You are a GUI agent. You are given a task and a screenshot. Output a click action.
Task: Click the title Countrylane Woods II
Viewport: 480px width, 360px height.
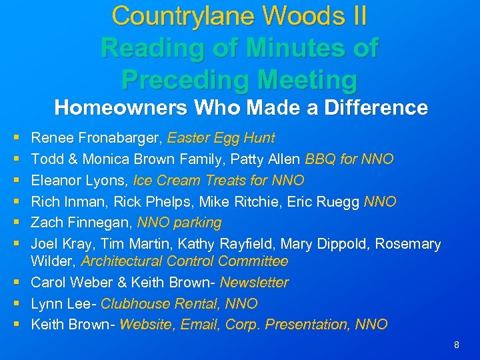(x=239, y=15)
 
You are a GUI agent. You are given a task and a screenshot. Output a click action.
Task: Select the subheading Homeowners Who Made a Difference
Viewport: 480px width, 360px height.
(x=241, y=107)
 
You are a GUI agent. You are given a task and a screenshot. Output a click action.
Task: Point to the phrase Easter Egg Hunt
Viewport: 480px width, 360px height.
(x=221, y=138)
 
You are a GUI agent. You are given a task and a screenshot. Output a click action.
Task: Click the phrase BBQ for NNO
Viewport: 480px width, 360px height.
(x=349, y=159)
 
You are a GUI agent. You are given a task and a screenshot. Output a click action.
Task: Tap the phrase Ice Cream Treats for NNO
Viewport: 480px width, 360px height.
(x=219, y=180)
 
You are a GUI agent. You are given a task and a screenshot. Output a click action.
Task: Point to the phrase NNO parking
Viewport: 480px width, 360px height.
(x=179, y=222)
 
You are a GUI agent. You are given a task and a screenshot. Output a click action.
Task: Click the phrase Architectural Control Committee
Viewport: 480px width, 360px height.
(x=184, y=261)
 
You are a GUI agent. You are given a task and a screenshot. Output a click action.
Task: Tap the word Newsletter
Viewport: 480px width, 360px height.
(x=254, y=283)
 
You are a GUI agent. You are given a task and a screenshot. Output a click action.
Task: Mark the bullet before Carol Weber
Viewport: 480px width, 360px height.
(x=15, y=283)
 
